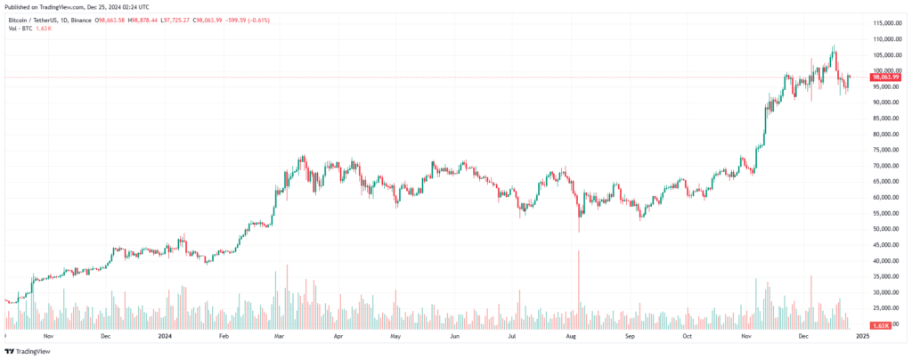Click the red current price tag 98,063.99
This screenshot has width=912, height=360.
tap(886, 78)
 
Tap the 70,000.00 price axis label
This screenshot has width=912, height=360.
tap(886, 166)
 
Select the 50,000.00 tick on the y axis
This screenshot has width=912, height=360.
tap(886, 229)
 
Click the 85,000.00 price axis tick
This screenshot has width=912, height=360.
tap(886, 118)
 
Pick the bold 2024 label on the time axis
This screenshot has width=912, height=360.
tap(165, 338)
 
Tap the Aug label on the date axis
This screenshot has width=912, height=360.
tap(573, 338)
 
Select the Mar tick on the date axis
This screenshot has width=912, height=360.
tap(280, 338)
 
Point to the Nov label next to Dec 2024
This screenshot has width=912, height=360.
tap(746, 338)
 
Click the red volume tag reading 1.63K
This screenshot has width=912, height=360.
tap(882, 325)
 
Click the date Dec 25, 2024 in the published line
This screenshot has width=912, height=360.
tap(114, 4)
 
